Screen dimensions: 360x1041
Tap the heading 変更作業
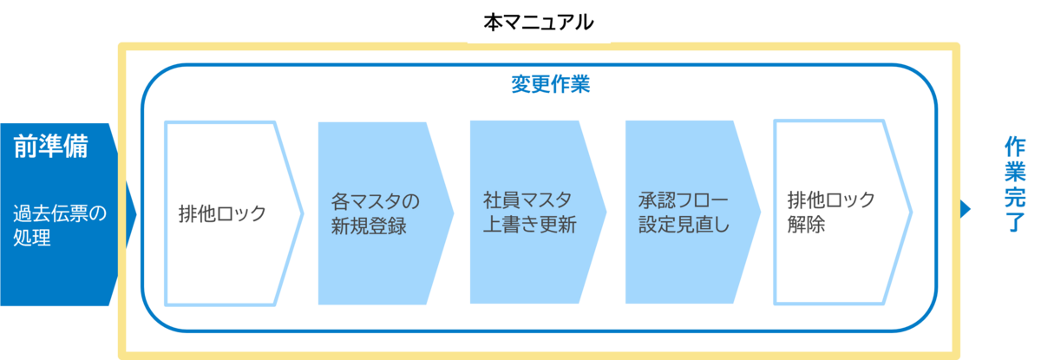550,85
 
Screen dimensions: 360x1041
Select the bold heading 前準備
50,147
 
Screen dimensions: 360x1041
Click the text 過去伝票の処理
60,225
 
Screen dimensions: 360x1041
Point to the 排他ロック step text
221,213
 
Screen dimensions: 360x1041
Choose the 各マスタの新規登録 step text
375,213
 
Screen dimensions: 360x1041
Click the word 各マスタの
375,201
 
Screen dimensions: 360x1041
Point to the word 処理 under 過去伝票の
32,238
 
